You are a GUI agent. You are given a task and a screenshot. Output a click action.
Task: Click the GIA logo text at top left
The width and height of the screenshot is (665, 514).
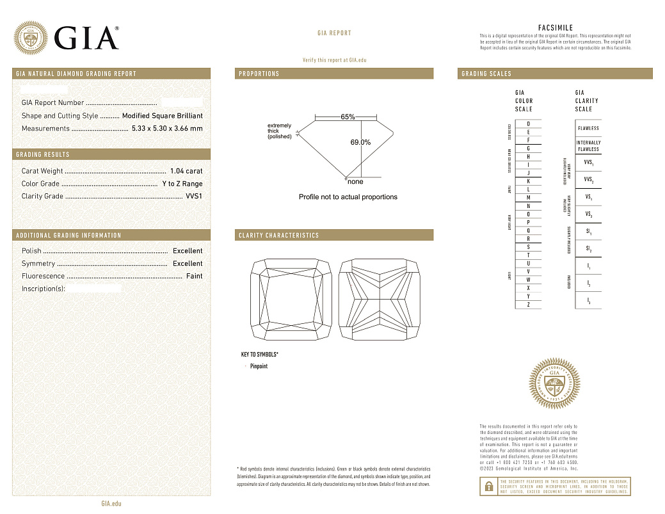pos(86,38)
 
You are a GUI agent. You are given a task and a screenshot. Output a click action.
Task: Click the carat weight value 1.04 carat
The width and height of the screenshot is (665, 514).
pos(186,171)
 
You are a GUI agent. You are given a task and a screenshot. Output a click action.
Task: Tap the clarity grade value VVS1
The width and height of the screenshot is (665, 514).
pos(194,197)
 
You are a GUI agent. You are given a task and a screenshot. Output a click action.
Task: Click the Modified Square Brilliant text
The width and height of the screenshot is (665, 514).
pos(162,116)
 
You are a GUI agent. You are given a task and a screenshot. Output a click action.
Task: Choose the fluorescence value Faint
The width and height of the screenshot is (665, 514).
pos(194,276)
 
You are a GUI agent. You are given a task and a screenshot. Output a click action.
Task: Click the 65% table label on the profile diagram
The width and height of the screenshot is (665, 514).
pos(348,117)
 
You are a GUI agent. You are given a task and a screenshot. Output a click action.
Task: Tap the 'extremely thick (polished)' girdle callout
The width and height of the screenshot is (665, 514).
pos(279,131)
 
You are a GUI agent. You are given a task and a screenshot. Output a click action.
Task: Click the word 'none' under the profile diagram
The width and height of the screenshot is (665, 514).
pos(355,182)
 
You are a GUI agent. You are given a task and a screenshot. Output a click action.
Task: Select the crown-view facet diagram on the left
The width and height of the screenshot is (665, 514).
pos(290,300)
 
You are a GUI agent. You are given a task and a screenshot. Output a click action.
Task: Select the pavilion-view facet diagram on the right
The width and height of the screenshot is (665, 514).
pos(380,300)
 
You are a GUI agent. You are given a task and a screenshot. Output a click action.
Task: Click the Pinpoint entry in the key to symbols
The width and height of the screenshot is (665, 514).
pos(259,366)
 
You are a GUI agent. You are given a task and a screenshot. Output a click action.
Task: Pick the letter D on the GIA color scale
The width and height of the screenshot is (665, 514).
pos(528,124)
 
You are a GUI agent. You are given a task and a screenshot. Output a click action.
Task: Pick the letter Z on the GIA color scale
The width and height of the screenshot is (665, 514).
pos(528,305)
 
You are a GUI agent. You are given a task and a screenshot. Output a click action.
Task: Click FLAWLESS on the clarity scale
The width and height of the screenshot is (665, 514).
pos(588,128)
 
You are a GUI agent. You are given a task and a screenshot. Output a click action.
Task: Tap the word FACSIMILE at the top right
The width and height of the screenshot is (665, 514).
pos(555,28)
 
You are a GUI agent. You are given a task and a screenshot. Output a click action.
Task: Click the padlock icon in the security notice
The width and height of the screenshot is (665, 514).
pos(488,486)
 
